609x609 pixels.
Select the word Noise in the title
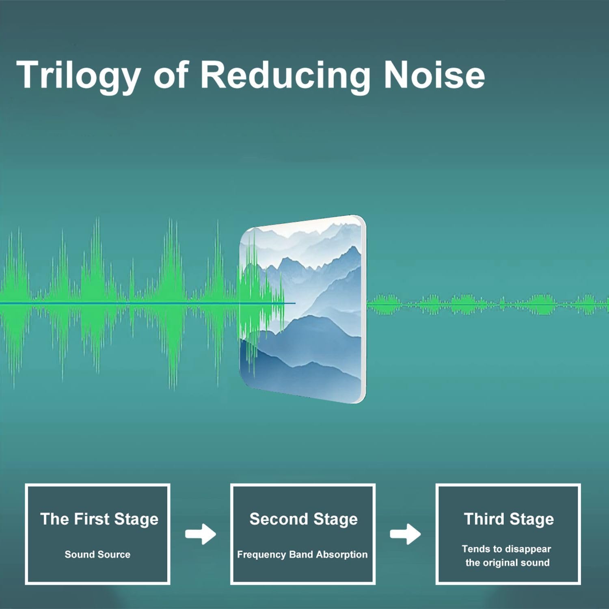434,75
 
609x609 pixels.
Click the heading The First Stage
99,520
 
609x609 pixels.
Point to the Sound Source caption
97,554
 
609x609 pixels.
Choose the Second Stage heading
304,520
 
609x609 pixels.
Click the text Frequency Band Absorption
302,555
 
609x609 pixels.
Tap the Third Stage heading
509,520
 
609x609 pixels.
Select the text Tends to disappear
506,549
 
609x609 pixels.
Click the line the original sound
508,563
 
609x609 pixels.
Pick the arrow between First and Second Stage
201,534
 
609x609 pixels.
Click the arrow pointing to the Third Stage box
405,534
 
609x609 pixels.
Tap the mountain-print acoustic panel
302,309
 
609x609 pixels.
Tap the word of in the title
171,75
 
